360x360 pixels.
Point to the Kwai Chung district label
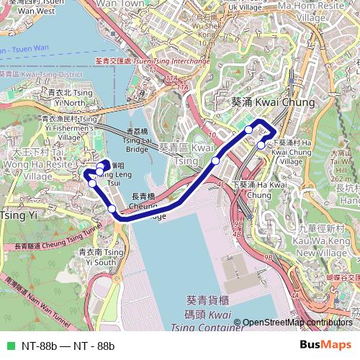273,103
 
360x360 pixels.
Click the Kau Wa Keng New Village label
323,246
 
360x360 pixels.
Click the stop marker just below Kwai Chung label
249,130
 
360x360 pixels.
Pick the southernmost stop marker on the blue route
112,210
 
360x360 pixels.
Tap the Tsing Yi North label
70,98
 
